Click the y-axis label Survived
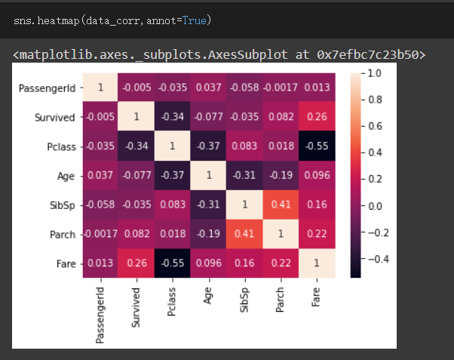pos(54,118)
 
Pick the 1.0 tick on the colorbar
pos(374,74)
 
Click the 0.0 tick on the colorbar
pos(374,205)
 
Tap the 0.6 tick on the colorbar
pos(374,127)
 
